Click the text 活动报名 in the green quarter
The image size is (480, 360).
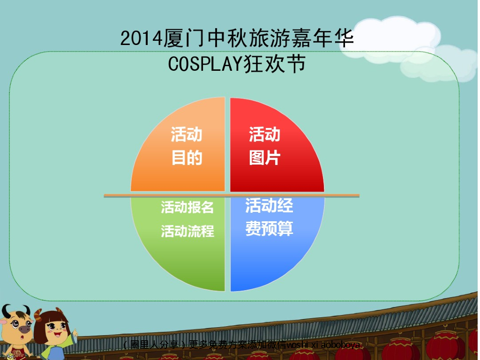187,207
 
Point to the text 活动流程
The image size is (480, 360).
187,231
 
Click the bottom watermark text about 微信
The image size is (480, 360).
241,345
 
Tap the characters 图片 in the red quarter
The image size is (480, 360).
264,158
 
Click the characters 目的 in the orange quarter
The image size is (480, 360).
187,158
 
